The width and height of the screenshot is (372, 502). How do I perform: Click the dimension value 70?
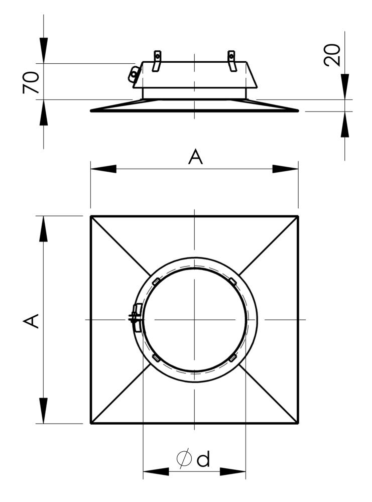pos(31,82)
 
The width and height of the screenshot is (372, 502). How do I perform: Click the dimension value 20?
pos(332,55)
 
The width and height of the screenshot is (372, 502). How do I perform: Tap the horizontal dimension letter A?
pos(195,157)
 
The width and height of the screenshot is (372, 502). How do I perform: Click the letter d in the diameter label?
pos(203,459)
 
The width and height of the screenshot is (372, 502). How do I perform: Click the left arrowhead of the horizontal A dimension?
pos(103,169)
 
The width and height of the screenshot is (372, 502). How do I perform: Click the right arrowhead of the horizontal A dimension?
pos(286,169)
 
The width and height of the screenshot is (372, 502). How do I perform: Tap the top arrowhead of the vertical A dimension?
pos(44,229)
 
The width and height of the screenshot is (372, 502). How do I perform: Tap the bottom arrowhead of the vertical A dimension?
pos(44,411)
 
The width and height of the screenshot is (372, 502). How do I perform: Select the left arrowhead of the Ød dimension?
pos(156,472)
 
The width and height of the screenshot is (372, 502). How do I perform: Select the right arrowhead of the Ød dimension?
pos(233,472)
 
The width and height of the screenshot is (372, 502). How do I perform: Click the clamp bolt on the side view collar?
pos(134,74)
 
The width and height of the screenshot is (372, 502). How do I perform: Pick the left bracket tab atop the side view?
pos(157,60)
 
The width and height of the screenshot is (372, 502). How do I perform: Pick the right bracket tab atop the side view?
pos(231,60)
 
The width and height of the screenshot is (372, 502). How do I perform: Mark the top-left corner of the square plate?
pos(91,216)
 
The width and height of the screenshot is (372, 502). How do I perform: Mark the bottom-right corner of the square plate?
pos(298,423)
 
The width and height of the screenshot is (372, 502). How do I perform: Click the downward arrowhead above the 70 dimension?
pos(44,50)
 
